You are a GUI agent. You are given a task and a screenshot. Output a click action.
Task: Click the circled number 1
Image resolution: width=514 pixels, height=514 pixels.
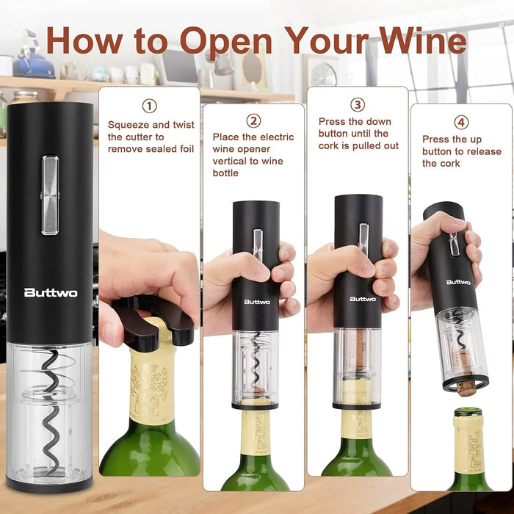point(150,106)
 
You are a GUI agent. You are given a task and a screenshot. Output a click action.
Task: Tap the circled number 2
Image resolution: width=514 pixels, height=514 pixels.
point(253,120)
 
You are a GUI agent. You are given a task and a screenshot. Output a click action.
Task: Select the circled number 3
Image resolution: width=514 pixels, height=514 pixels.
point(358,105)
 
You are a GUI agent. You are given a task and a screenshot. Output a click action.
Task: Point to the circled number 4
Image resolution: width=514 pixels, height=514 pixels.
point(461,123)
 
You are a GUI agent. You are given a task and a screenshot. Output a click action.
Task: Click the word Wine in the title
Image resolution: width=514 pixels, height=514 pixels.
point(422,40)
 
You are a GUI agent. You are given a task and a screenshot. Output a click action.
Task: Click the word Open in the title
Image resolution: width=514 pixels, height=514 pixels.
point(226,42)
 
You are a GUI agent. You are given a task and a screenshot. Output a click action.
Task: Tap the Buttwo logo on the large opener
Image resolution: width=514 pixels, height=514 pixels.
point(51,292)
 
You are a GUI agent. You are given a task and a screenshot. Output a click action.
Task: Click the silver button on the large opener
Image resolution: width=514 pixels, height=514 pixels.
point(50,195)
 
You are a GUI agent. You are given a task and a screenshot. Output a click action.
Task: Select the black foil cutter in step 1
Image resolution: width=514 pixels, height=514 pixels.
point(153,323)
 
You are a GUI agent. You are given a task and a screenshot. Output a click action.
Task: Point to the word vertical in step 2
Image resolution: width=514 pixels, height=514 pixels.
point(230,161)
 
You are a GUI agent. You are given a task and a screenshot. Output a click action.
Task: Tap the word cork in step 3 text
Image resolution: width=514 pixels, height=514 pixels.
point(328,146)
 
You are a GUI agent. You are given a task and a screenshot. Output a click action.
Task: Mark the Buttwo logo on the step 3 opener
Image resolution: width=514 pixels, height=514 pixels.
point(363,299)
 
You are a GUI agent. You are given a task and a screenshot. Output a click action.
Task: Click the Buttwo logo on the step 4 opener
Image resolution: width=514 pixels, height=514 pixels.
point(458,282)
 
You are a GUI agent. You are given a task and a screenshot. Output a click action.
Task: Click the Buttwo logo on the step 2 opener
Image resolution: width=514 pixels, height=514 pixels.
point(257,302)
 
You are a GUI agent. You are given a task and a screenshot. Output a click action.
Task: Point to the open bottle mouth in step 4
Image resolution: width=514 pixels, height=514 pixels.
point(468,412)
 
